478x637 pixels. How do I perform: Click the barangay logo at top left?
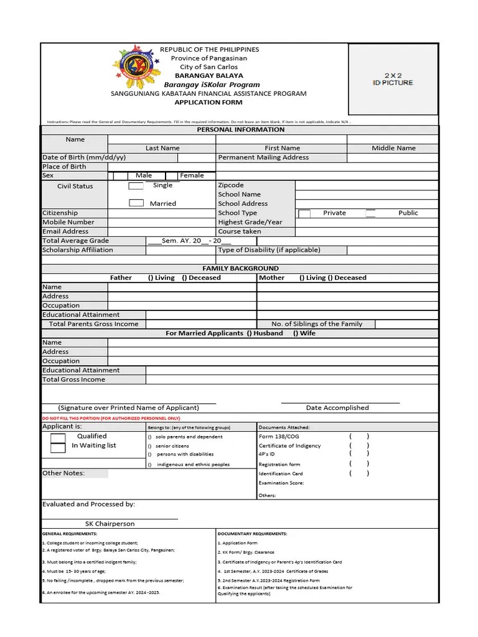(135, 68)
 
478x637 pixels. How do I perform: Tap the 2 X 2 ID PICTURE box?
(393, 80)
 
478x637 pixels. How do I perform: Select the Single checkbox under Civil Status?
(136, 186)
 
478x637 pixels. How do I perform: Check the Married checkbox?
(136, 203)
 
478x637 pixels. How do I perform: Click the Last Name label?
(162, 148)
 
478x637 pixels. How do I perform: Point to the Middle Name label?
(393, 148)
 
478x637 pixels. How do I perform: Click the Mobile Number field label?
(68, 222)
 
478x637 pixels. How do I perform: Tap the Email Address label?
(65, 231)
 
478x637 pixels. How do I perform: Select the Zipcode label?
(231, 185)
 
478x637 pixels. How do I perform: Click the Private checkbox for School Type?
(304, 213)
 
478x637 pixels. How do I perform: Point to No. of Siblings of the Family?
(317, 324)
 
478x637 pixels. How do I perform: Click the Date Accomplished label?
(337, 408)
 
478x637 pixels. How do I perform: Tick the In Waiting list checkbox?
(58, 447)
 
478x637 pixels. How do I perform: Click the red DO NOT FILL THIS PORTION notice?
(111, 419)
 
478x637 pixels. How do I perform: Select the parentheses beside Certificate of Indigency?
(359, 445)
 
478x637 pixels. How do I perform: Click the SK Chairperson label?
(110, 524)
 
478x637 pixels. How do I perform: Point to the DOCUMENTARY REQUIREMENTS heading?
(252, 534)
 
